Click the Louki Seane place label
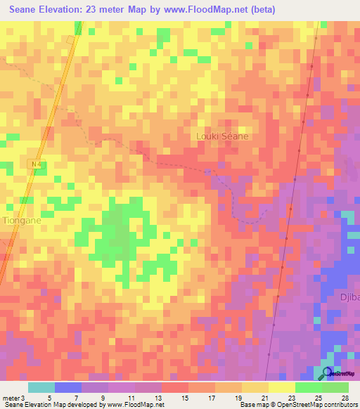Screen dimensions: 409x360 (x=221, y=136)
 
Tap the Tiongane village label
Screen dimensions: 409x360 (x=22, y=220)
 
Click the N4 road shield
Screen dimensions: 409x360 (x=36, y=164)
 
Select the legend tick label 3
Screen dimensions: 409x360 (x=23, y=397)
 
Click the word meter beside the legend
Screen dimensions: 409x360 (x=11, y=397)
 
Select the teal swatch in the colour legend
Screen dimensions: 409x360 (x=41, y=387)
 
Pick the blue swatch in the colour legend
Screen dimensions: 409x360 (x=67, y=387)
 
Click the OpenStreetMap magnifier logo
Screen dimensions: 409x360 (x=328, y=373)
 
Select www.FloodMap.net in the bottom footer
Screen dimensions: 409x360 (x=135, y=405)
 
